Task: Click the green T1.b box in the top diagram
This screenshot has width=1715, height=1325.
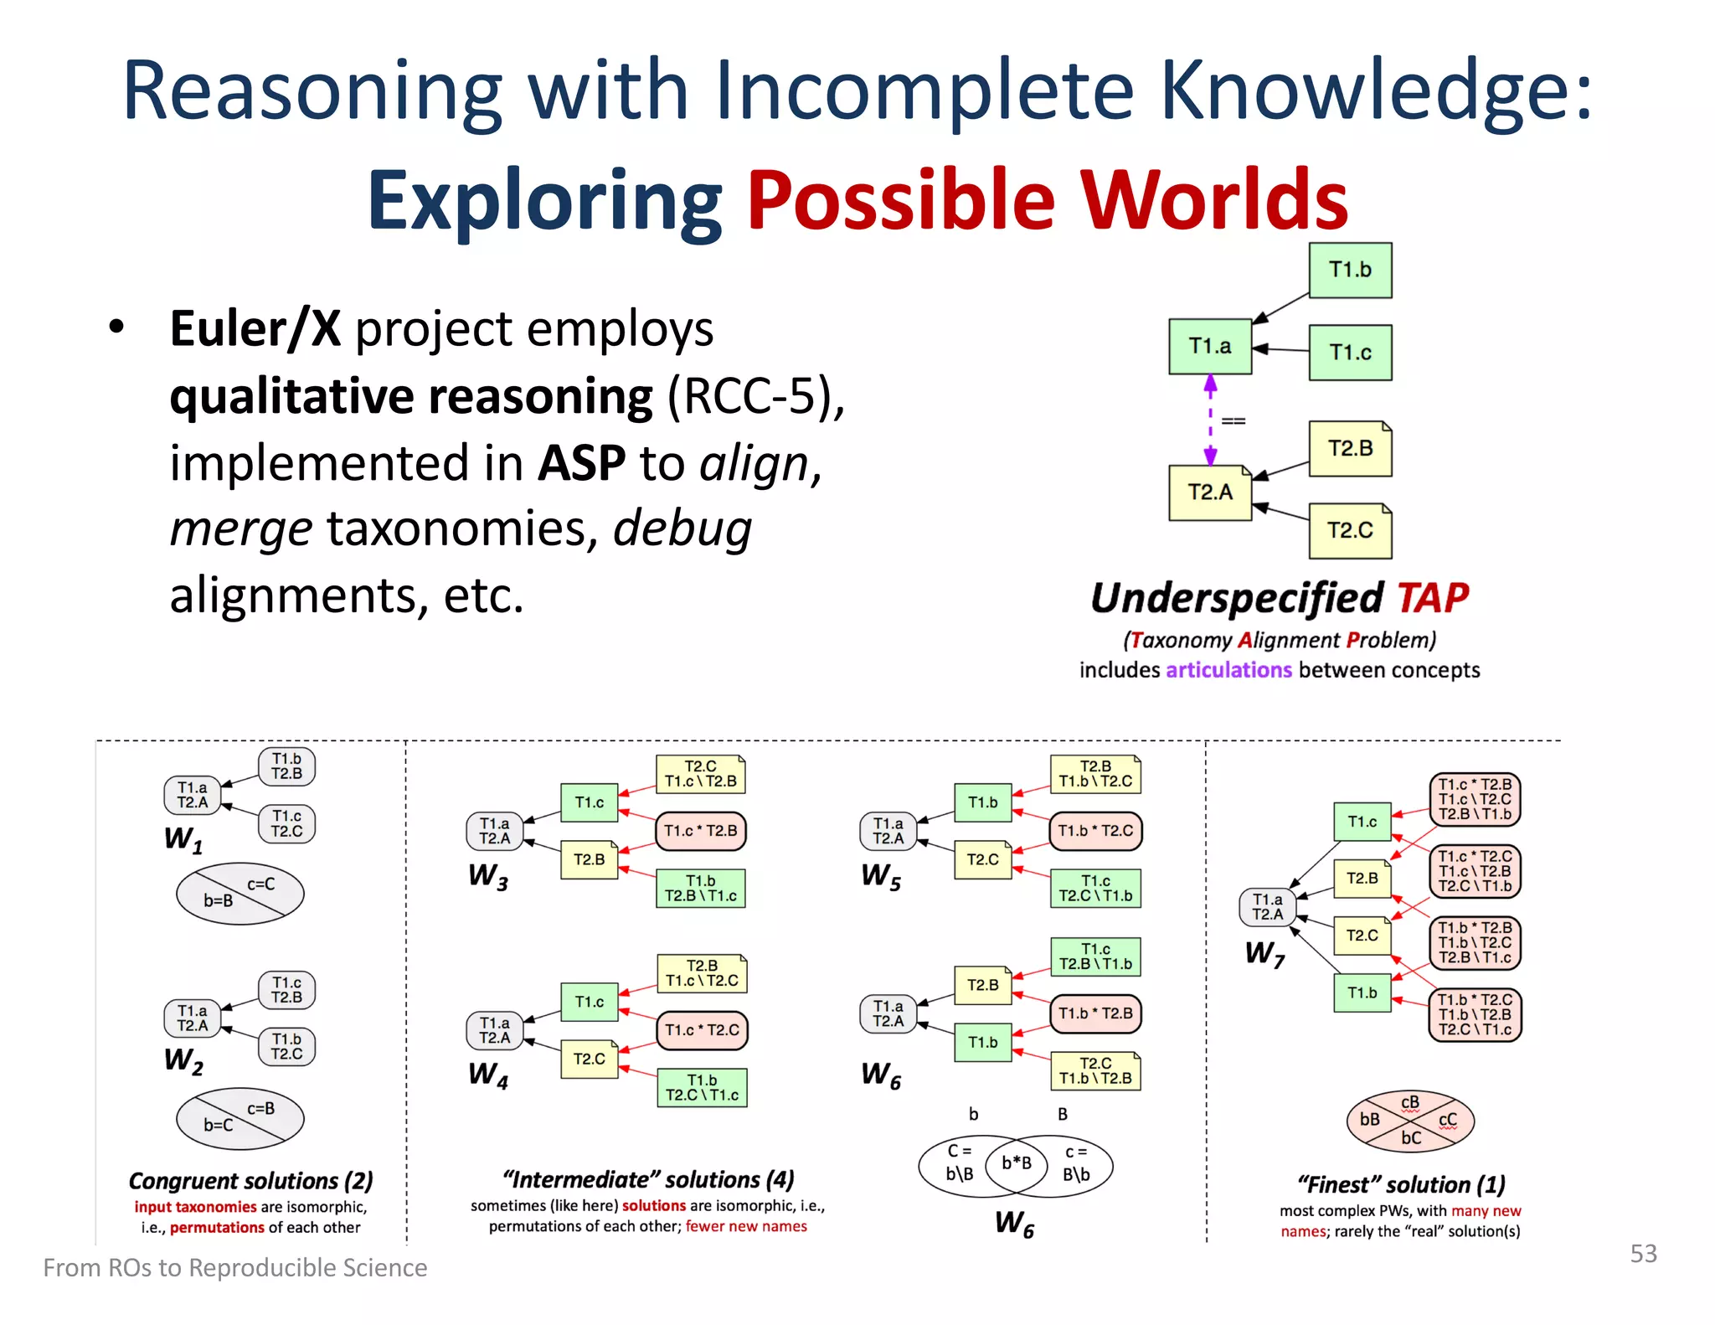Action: tap(1349, 270)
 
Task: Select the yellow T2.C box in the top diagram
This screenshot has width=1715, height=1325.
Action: tap(1349, 530)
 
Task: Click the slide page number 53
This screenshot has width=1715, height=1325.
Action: tap(1643, 1253)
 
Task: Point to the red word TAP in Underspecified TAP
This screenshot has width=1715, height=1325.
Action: tap(1432, 598)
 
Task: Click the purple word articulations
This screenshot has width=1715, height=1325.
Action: tap(1228, 670)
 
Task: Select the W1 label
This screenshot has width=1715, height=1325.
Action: tap(183, 838)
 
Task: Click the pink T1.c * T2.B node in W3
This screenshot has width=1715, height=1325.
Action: tap(700, 831)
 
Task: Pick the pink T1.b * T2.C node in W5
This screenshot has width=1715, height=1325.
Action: tap(1094, 831)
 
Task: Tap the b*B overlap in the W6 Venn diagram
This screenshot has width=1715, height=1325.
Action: tap(1016, 1163)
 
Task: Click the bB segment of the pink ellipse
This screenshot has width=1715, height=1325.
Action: tap(1369, 1119)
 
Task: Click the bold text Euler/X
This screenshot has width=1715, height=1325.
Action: tap(255, 328)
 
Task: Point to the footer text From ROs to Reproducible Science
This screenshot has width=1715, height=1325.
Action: tap(234, 1267)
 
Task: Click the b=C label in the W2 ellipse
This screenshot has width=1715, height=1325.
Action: tap(218, 1125)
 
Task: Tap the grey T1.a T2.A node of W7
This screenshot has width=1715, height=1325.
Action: tap(1267, 906)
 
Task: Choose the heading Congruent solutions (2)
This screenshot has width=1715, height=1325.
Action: tap(250, 1180)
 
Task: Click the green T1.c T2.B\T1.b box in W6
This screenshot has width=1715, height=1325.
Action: tap(1094, 956)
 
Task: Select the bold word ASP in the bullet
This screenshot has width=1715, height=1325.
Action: tap(581, 462)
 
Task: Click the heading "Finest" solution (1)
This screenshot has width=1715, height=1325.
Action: tap(1400, 1184)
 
